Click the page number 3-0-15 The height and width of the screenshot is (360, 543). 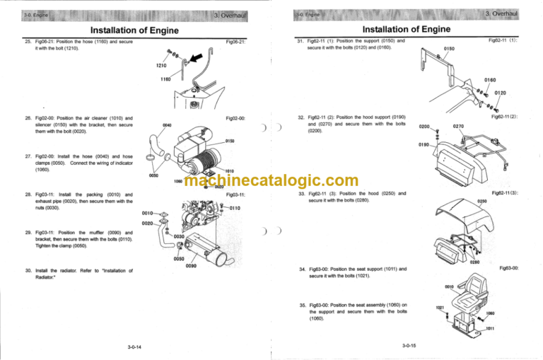coord(408,347)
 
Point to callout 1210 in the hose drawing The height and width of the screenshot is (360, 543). coord(162,66)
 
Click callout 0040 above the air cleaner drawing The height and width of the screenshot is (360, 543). coord(166,125)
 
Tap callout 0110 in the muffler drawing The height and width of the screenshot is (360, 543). coord(236,208)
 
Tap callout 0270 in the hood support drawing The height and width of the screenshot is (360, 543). coord(458,127)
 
